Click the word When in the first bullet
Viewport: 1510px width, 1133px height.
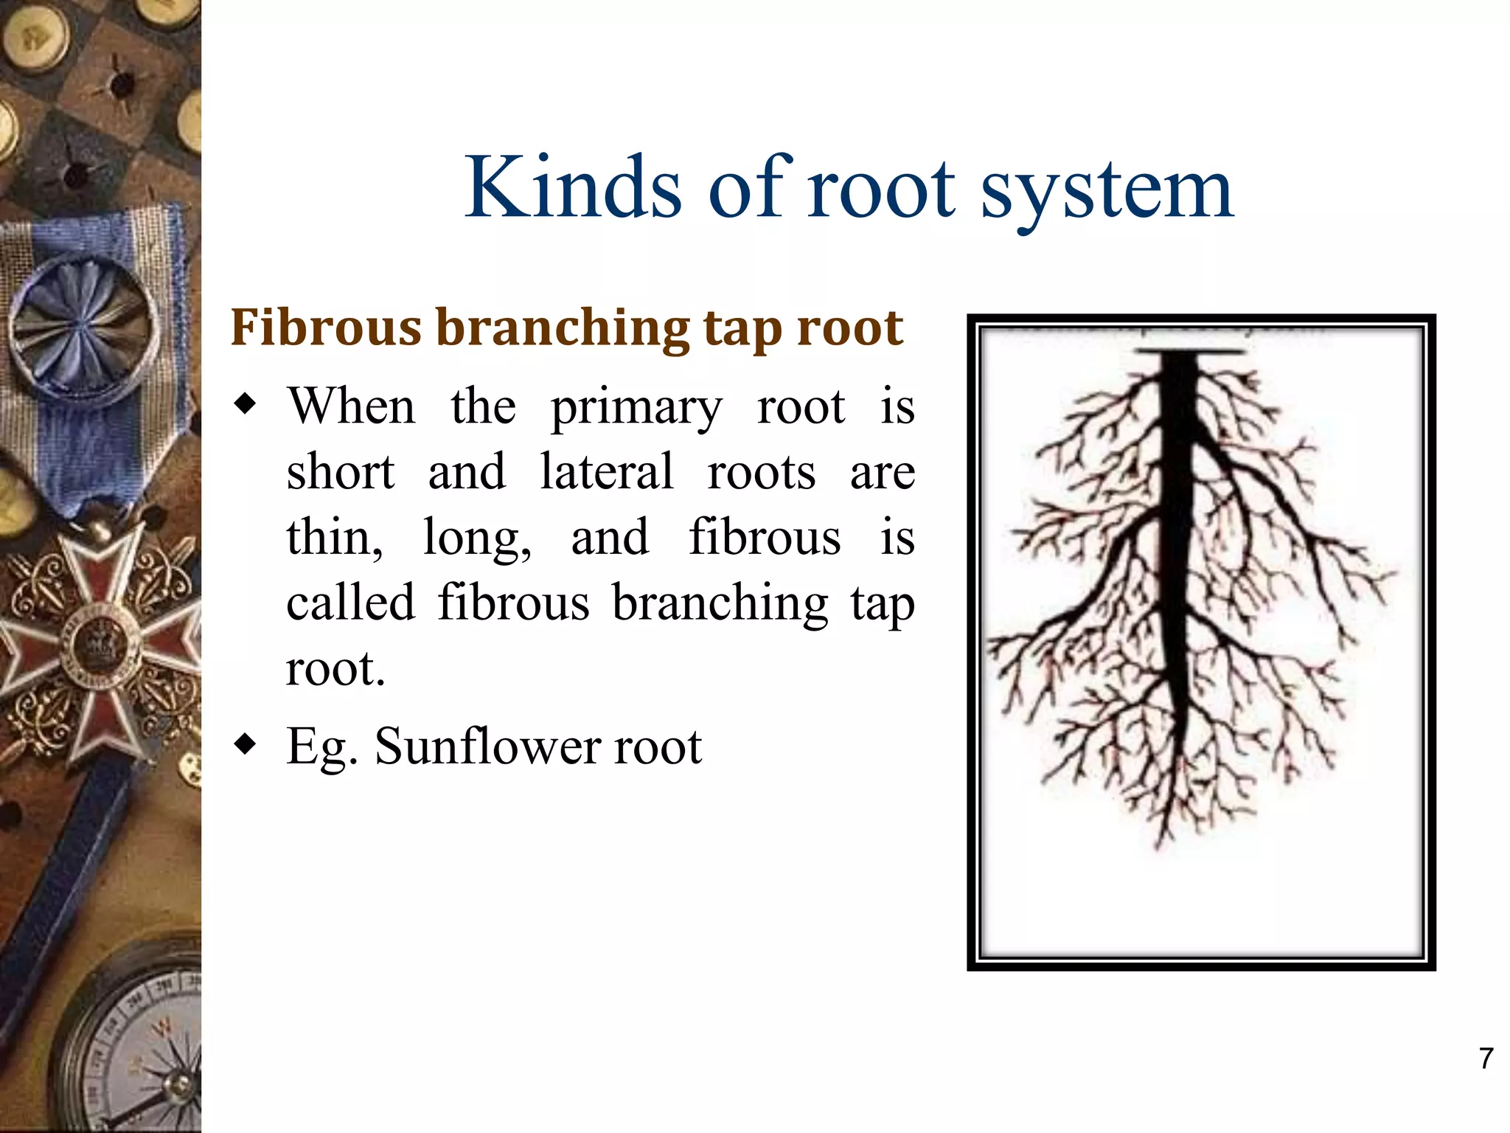tap(351, 406)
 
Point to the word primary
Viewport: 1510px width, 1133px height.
tap(636, 410)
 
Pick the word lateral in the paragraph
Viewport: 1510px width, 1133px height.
tap(606, 472)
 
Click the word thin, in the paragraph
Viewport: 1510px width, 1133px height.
tap(335, 538)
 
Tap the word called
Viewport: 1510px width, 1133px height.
tap(350, 603)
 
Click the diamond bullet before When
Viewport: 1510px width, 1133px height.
tap(245, 404)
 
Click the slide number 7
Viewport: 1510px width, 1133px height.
tap(1486, 1058)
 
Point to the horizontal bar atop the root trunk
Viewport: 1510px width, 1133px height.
tap(1189, 352)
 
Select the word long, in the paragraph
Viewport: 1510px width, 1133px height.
tap(477, 538)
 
